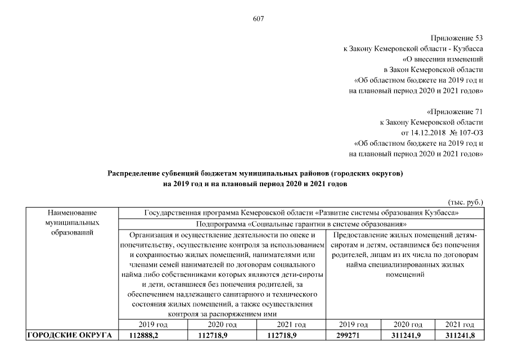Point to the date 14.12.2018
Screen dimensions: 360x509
point(426,132)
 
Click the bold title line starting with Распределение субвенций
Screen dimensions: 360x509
point(255,173)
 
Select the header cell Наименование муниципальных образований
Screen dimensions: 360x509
point(72,222)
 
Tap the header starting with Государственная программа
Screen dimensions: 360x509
point(301,213)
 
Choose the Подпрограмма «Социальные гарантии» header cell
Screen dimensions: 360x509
point(301,223)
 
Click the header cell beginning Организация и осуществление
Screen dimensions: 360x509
point(223,273)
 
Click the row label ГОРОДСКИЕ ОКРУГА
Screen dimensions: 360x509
point(70,336)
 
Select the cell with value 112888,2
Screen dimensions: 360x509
point(152,336)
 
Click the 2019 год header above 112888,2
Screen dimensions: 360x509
point(152,325)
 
